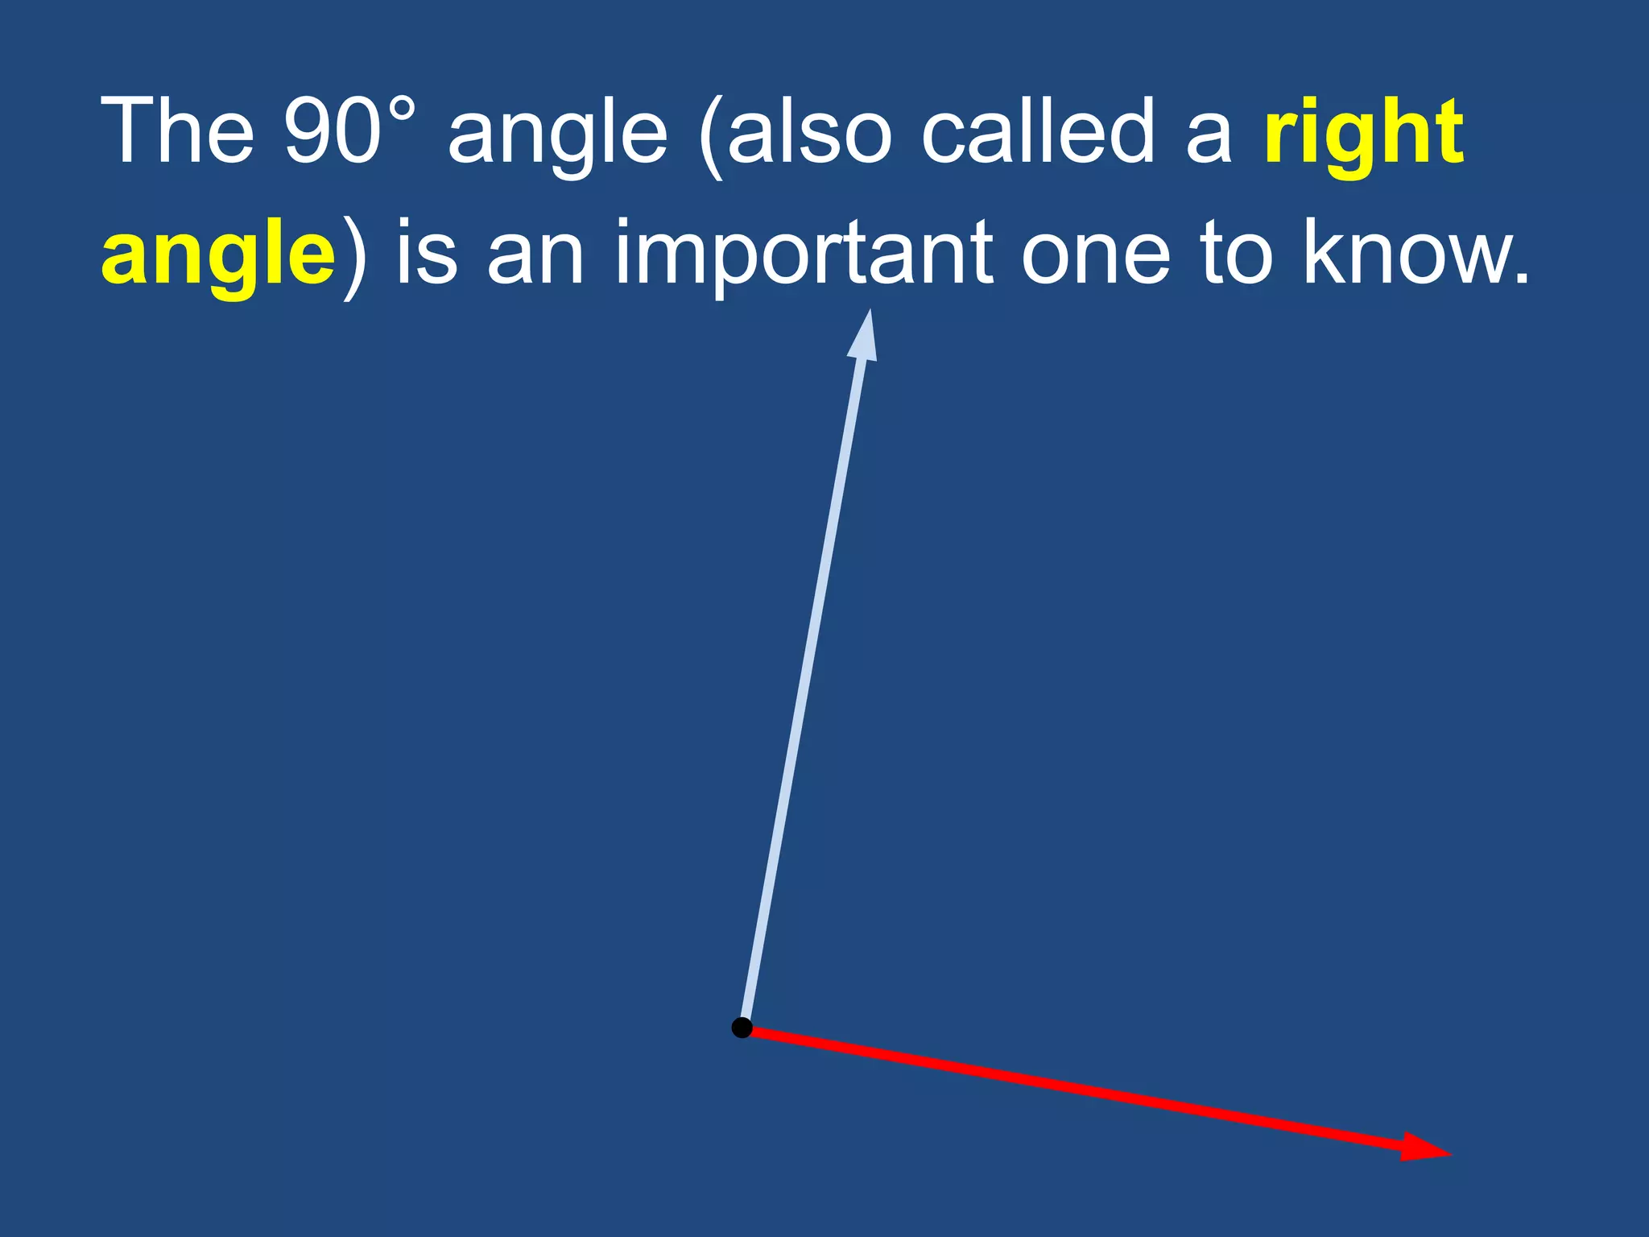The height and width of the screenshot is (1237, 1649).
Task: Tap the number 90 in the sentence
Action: coord(332,131)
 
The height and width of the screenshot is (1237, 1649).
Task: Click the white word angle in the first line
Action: coord(557,137)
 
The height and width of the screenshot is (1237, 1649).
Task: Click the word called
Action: coord(1039,131)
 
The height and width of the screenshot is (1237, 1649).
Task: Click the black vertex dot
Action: coord(742,1028)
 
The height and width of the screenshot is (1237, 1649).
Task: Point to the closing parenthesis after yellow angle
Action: coord(353,258)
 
